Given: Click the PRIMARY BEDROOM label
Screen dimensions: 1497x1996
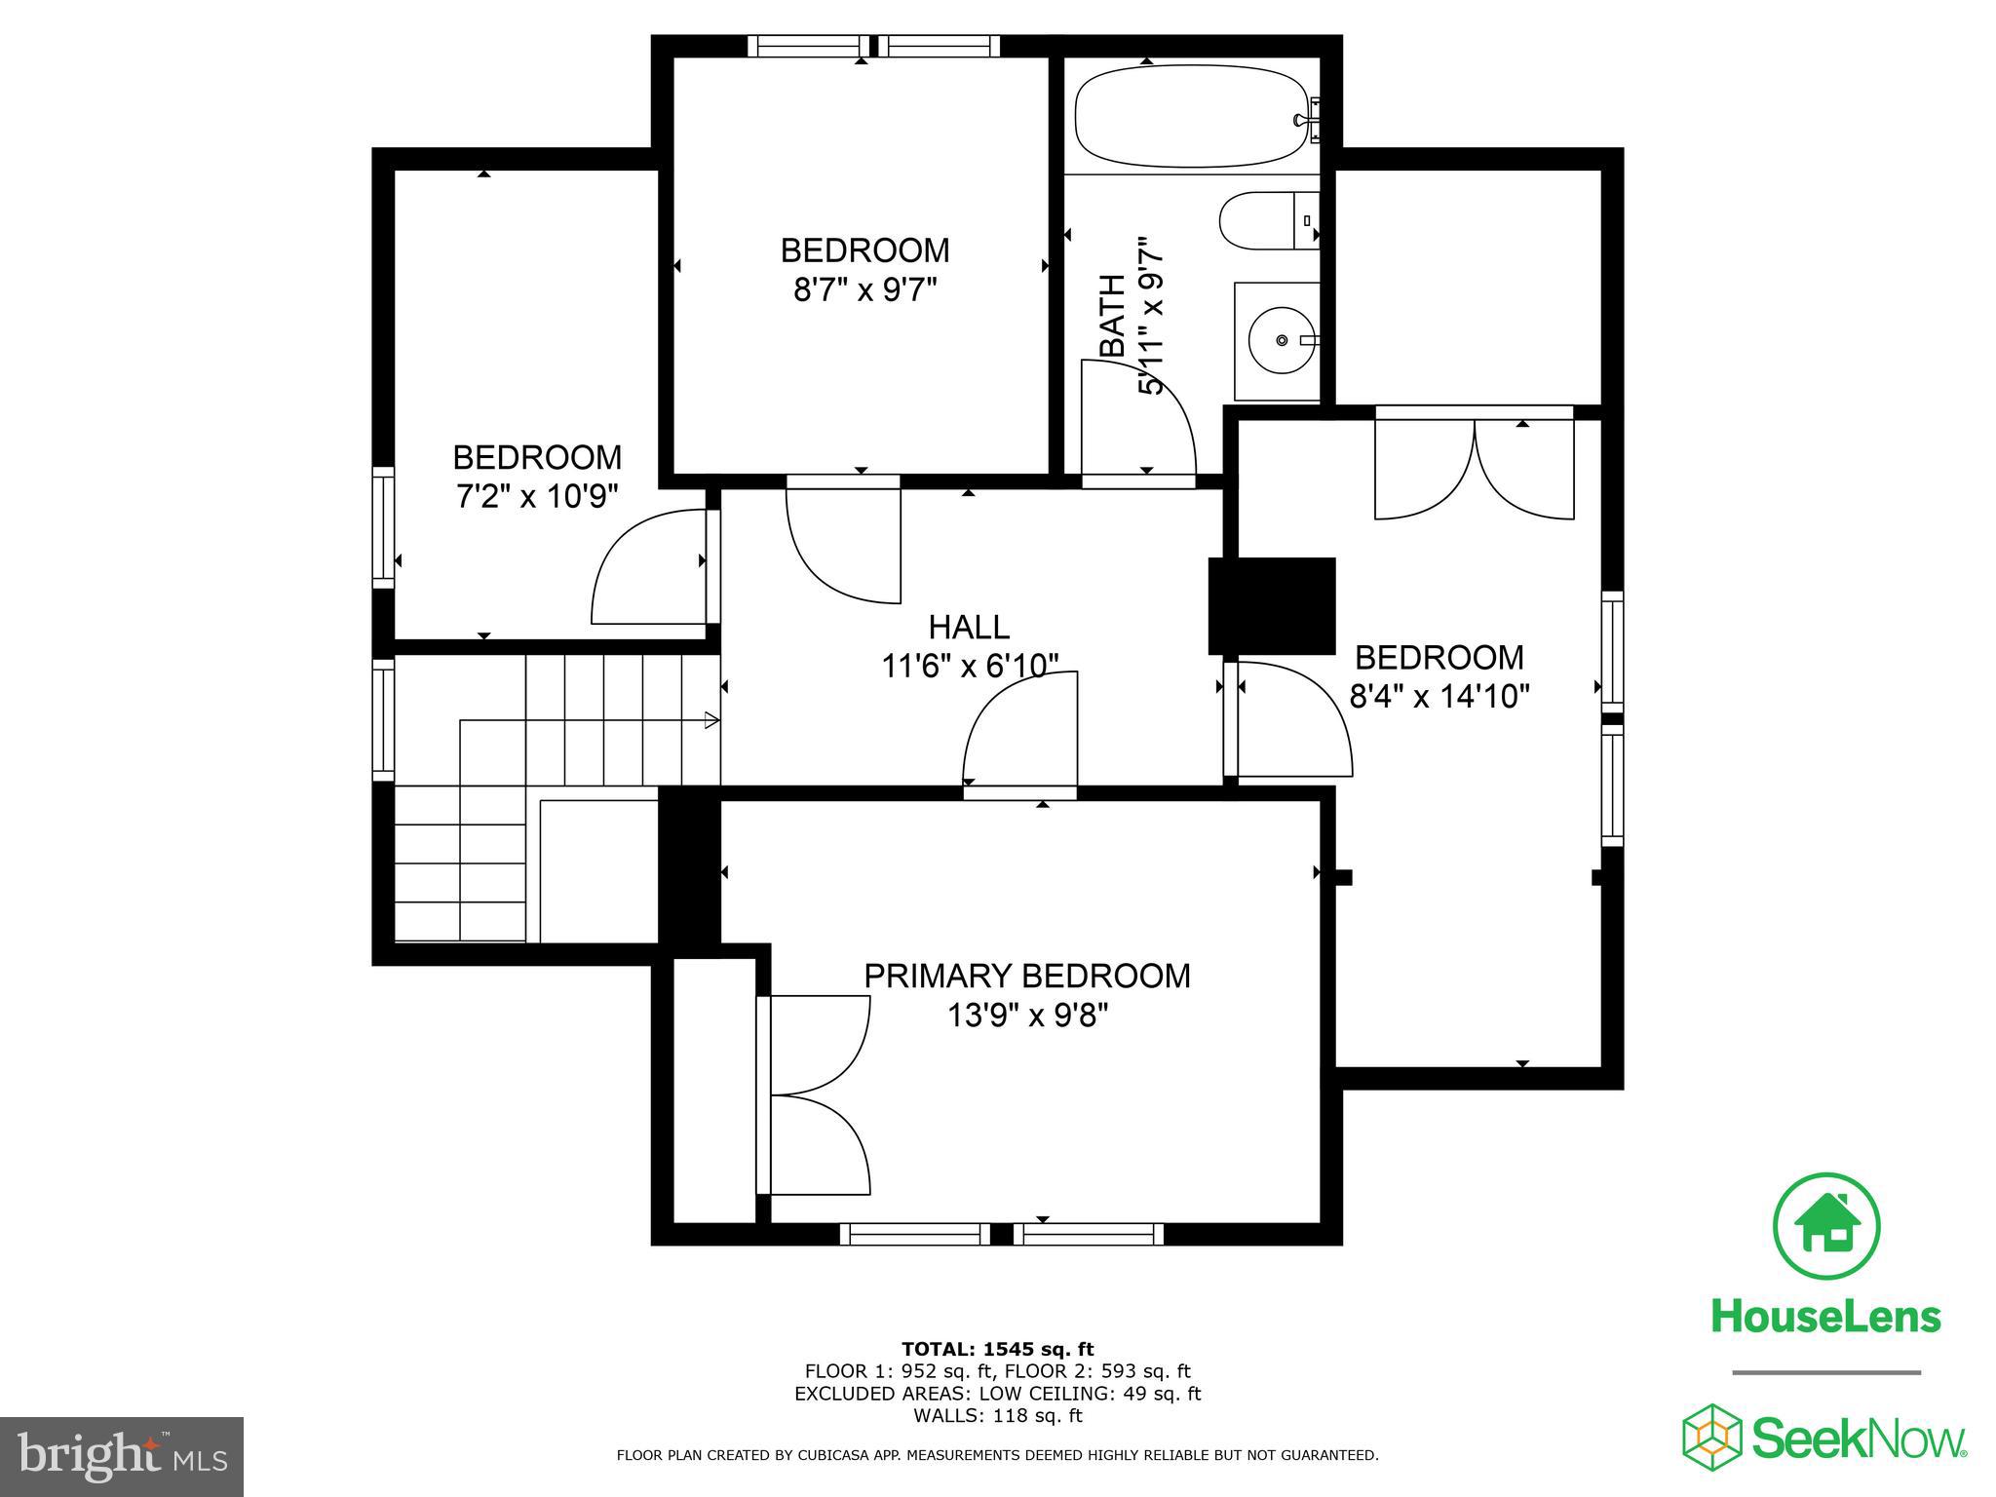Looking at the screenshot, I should (x=1027, y=976).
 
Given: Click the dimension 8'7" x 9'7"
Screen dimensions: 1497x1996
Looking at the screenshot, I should (x=864, y=290).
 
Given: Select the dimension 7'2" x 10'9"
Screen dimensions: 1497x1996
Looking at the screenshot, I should (x=537, y=497).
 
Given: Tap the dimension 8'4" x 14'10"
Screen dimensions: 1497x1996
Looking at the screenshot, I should (x=1439, y=697).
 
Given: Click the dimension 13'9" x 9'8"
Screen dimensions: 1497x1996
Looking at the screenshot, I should (x=1027, y=1017).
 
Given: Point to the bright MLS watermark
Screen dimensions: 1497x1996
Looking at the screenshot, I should (x=122, y=1456).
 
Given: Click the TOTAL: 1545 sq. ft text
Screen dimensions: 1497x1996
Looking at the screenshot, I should (x=997, y=1350).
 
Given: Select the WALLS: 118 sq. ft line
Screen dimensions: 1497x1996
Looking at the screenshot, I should (x=997, y=1416).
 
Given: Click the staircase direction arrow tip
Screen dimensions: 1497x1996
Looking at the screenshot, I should (x=714, y=721).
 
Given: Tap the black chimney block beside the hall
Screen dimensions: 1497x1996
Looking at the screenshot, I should (x=1271, y=605).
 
